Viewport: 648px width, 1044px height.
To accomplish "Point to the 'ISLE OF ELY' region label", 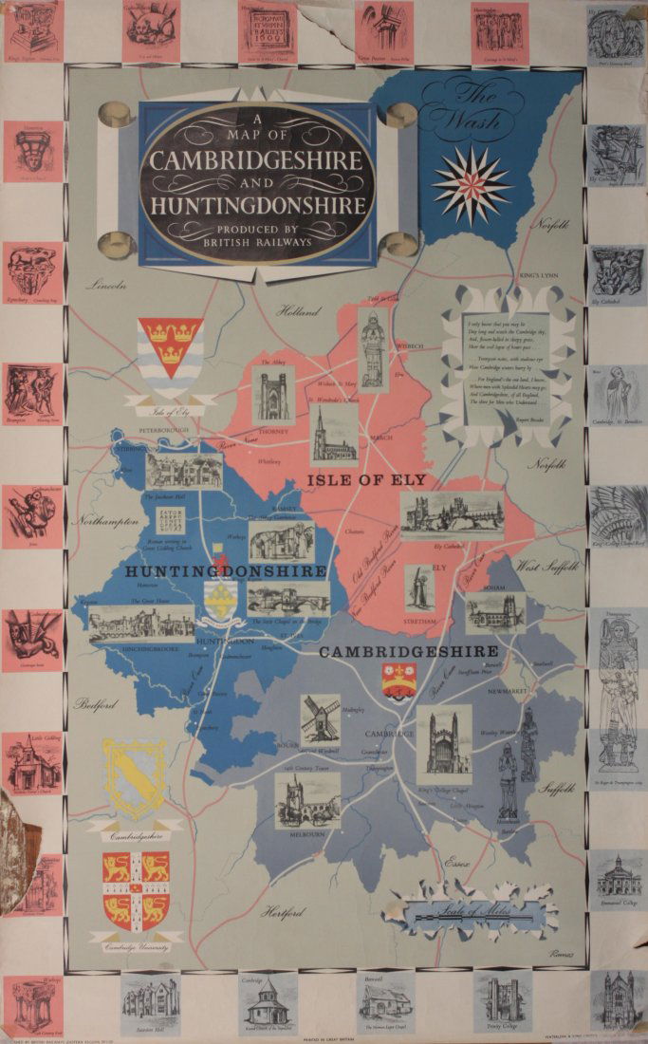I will coord(366,480).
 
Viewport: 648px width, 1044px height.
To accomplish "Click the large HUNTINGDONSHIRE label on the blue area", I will coord(226,571).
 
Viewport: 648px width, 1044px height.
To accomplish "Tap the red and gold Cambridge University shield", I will coord(136,888).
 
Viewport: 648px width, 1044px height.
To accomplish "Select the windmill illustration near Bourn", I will coord(320,717).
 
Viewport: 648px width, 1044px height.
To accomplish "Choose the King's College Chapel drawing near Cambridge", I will coord(443,738).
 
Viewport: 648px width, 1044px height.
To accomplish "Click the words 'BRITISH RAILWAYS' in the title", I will coord(258,242).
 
